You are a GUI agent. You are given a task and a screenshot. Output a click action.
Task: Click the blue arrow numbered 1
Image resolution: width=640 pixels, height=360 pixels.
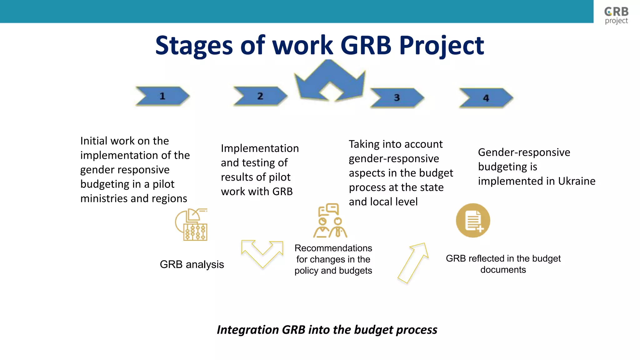162,96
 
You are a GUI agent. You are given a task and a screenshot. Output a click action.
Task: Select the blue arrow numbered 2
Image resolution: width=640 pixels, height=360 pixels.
260,96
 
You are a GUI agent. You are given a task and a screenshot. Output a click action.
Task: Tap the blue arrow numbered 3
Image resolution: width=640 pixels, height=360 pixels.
397,97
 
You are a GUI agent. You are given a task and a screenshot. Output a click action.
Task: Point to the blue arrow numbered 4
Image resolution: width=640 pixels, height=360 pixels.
486,98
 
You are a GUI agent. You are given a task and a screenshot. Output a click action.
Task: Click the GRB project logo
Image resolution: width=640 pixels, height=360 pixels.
616,15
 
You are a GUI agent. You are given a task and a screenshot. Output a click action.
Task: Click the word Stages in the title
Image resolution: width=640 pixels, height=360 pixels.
194,46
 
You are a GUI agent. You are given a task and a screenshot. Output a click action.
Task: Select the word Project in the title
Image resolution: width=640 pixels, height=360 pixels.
441,46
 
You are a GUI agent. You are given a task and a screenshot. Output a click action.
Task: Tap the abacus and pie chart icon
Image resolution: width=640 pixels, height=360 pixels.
192,225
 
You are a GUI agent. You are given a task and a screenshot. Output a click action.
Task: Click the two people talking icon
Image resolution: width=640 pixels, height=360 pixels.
330,221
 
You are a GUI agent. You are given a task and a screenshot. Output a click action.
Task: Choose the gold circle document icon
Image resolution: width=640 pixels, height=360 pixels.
473,220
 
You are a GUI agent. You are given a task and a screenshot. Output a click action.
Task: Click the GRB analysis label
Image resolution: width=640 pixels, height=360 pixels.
192,264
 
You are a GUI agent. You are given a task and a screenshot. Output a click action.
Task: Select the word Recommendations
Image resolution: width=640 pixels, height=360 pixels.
333,248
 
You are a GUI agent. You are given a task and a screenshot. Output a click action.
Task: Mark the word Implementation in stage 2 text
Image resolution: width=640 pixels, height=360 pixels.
260,148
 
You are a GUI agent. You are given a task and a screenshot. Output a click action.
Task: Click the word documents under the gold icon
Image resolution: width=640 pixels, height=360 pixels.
503,270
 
